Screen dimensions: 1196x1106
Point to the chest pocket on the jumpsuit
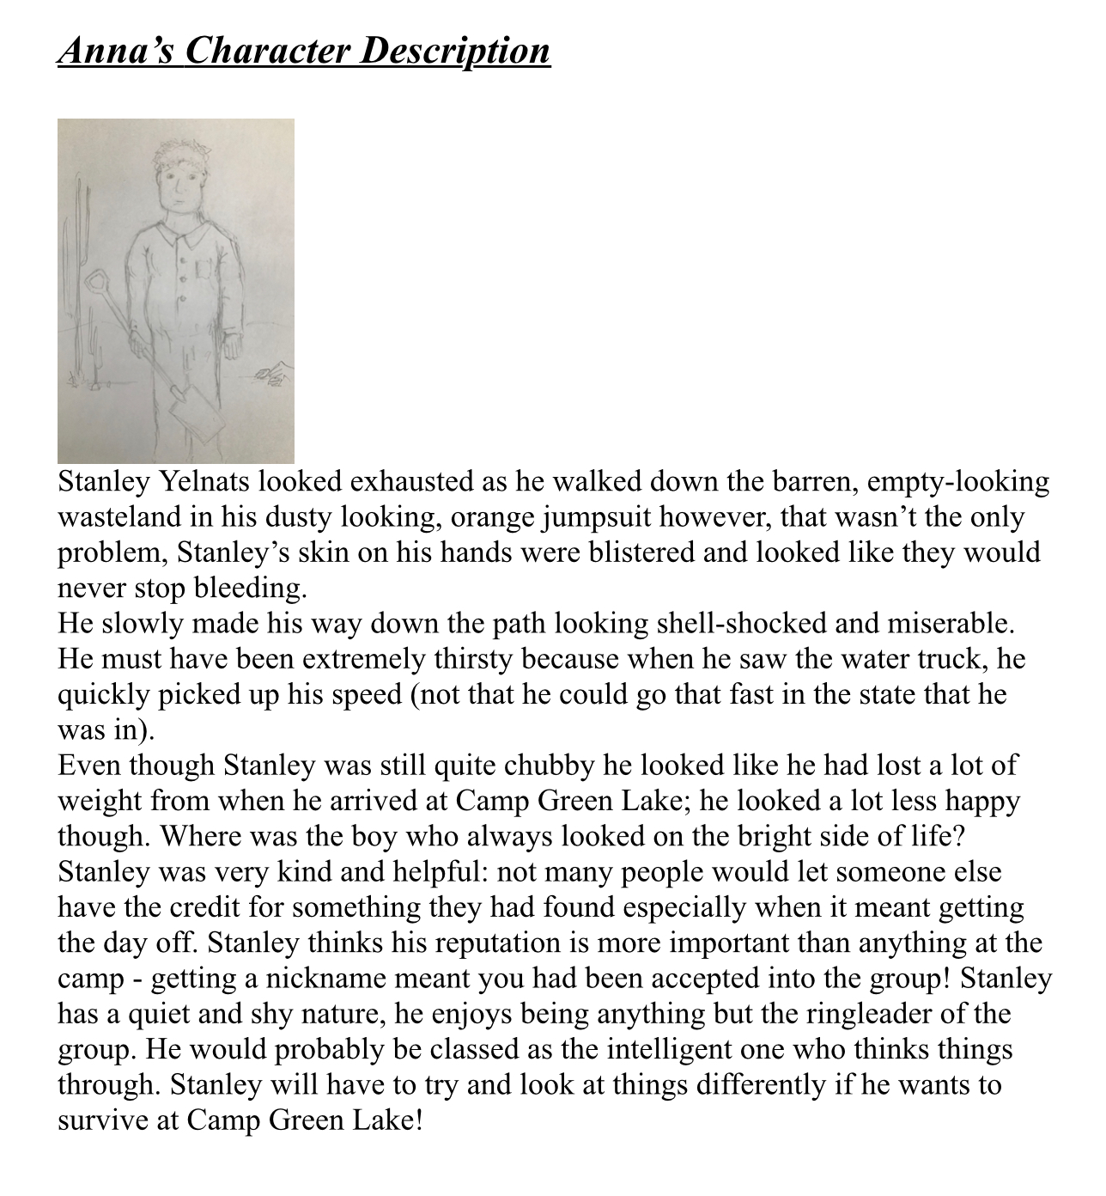(204, 269)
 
